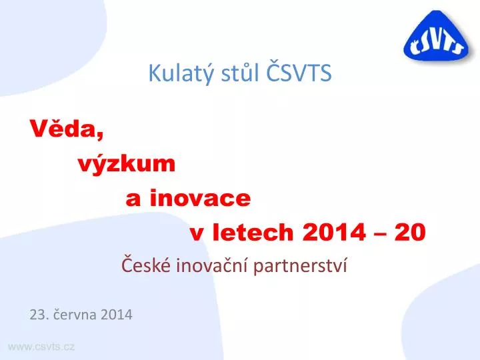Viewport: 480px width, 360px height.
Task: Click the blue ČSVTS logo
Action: tap(436, 36)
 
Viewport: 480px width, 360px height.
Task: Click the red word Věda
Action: tap(67, 129)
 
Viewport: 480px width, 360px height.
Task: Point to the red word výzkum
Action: tap(127, 164)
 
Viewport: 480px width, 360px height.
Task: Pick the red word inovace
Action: tap(200, 198)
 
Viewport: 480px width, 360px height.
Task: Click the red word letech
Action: tap(253, 232)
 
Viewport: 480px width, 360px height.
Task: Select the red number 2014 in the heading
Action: tap(334, 232)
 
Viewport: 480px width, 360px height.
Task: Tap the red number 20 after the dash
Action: tap(410, 232)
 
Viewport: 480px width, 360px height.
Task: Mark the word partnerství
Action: tap(300, 265)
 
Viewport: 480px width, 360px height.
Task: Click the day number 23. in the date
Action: tap(39, 315)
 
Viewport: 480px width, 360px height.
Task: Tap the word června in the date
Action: tap(75, 314)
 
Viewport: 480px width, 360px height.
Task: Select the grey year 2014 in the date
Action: tap(116, 315)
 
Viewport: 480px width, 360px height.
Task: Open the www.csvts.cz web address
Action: tap(41, 347)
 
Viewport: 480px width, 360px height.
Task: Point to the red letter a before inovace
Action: tap(133, 199)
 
